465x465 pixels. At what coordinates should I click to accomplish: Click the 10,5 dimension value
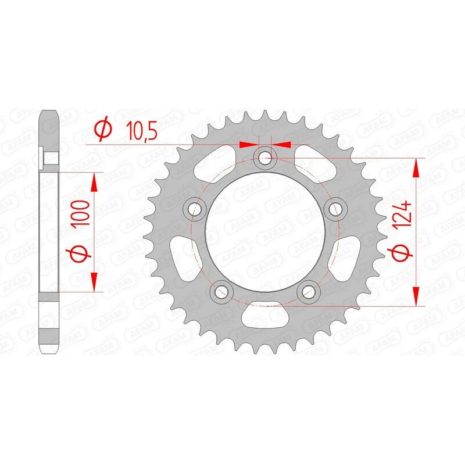(x=141, y=131)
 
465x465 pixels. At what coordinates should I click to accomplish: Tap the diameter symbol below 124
(x=405, y=252)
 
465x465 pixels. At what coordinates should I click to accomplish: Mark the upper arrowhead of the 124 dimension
(x=416, y=169)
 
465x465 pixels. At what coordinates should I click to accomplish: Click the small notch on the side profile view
(x=43, y=156)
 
